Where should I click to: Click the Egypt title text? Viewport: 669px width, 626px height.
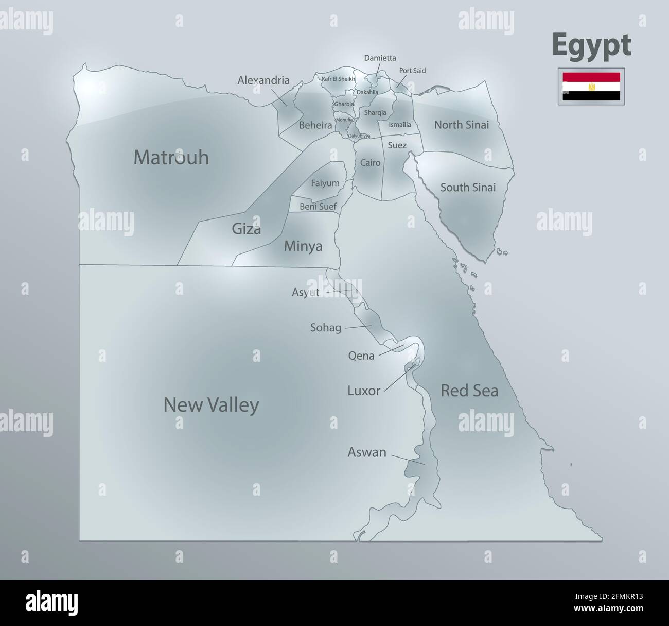pyautogui.click(x=591, y=45)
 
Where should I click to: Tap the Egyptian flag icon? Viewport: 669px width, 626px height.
pyautogui.click(x=591, y=86)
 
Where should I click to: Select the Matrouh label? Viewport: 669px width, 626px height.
pyautogui.click(x=171, y=157)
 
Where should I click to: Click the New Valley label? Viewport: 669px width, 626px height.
pyautogui.click(x=211, y=405)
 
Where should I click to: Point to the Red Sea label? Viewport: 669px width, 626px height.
pyautogui.click(x=469, y=391)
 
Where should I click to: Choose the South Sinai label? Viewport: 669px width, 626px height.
pyautogui.click(x=468, y=188)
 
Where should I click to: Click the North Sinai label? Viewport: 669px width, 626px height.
pyautogui.click(x=461, y=125)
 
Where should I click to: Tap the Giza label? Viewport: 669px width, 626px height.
pyautogui.click(x=246, y=229)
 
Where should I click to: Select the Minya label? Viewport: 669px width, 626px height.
pyautogui.click(x=303, y=246)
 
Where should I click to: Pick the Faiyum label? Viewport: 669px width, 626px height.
pyautogui.click(x=325, y=183)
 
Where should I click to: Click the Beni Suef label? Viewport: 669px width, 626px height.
pyautogui.click(x=318, y=207)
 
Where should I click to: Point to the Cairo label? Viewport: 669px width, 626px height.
pyautogui.click(x=371, y=163)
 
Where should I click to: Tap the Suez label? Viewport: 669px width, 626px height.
pyautogui.click(x=397, y=145)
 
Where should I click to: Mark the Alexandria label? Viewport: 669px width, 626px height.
pyautogui.click(x=263, y=80)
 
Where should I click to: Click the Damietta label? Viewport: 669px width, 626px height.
pyautogui.click(x=380, y=58)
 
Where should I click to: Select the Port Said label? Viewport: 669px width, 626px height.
pyautogui.click(x=412, y=71)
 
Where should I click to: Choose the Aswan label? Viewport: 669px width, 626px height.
pyautogui.click(x=367, y=452)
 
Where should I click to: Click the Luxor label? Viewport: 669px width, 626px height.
pyautogui.click(x=364, y=391)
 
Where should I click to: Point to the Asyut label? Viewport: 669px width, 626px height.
pyautogui.click(x=306, y=293)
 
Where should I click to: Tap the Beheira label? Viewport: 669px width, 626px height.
pyautogui.click(x=315, y=125)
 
